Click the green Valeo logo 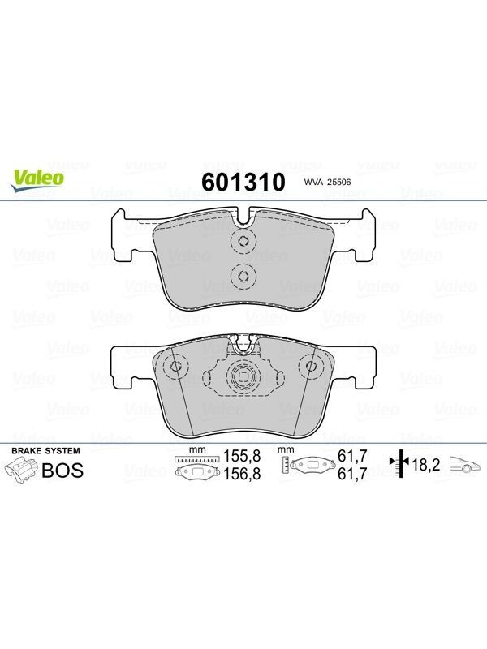coord(37,180)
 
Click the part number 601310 coord(243,182)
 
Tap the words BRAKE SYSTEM coord(45,451)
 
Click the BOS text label coord(63,471)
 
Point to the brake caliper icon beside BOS coord(21,471)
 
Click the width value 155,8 coord(242,456)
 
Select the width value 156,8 coord(242,474)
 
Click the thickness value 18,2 coord(425,465)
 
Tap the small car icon coord(466,464)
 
